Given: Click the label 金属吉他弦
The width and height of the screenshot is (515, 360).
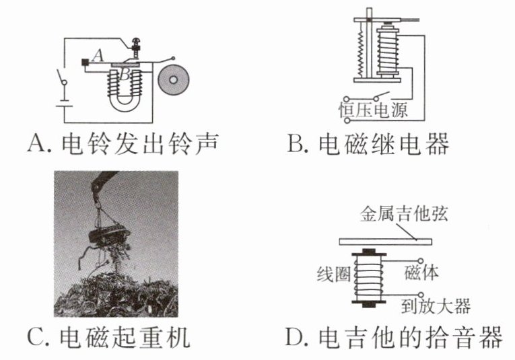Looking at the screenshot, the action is click(400, 216).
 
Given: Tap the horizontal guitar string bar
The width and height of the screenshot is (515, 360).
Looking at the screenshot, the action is click(388, 240).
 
